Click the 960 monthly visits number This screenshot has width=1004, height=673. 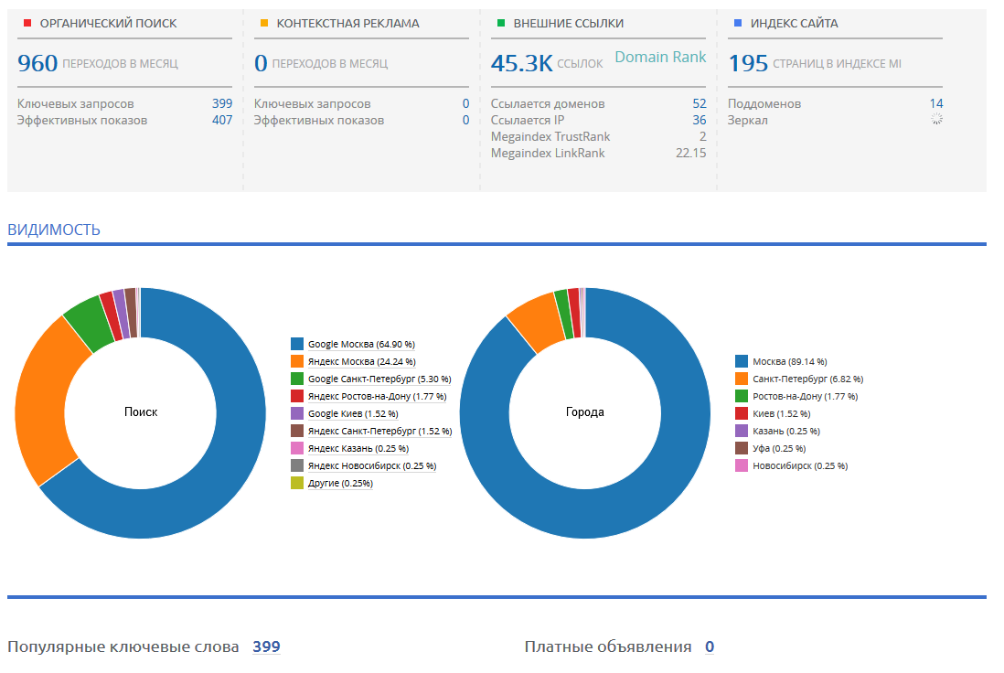coord(37,63)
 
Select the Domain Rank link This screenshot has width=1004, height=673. coord(660,57)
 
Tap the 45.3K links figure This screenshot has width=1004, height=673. coord(521,63)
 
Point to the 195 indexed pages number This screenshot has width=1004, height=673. coord(748,63)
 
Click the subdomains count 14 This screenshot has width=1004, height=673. coord(936,103)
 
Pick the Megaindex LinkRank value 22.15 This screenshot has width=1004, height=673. coord(691,153)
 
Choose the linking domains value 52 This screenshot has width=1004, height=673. coord(700,103)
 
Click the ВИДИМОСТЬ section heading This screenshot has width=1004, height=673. coord(54,230)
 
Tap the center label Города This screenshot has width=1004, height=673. coord(584,411)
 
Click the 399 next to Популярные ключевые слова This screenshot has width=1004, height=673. coord(266,646)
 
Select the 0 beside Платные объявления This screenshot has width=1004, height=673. coord(710,646)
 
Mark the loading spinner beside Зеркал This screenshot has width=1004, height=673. coord(936,119)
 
